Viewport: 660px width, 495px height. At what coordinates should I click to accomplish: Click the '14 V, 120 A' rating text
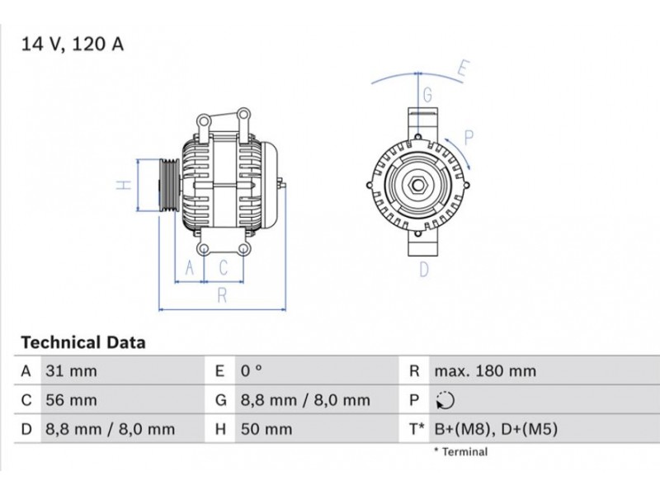tap(73, 45)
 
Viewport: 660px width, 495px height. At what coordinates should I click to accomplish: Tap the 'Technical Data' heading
tap(83, 342)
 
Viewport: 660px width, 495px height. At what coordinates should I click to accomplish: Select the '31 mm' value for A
tap(71, 371)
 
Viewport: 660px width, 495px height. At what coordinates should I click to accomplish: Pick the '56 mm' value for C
tap(71, 400)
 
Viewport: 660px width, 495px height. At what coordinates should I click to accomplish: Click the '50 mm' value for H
tap(266, 429)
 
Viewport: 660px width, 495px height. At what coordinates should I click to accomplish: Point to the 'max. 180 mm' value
tap(485, 371)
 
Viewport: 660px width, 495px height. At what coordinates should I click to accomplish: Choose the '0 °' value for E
tap(252, 370)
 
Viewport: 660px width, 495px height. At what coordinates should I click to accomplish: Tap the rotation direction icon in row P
tap(445, 400)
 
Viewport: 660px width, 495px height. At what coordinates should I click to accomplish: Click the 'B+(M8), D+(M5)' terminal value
tap(496, 429)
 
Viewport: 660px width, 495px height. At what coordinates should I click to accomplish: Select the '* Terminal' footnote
tap(461, 452)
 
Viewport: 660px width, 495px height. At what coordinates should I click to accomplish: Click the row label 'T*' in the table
tap(417, 429)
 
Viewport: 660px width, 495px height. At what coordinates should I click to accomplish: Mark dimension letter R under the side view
tap(222, 296)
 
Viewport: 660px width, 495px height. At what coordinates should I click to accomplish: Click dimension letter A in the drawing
tap(190, 267)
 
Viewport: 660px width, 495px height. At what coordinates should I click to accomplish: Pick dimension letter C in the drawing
tap(224, 267)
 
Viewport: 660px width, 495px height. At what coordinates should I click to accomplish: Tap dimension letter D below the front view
tap(424, 270)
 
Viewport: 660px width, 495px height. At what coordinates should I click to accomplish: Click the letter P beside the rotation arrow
tap(469, 138)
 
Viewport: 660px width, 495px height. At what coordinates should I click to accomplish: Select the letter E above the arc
tap(463, 69)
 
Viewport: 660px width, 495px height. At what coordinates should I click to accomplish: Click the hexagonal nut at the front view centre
tap(418, 185)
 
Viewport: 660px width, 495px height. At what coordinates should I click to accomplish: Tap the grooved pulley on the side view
tap(170, 185)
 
